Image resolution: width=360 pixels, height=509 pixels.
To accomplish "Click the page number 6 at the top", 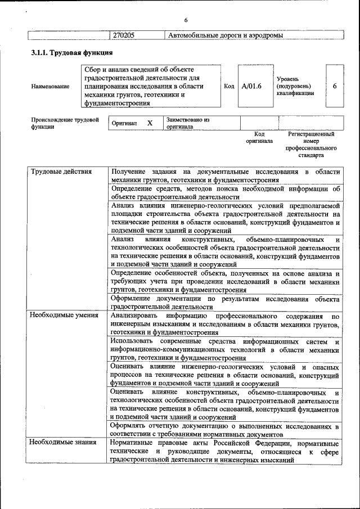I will coord(185,21).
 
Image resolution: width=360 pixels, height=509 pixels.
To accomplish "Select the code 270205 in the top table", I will coord(124,35).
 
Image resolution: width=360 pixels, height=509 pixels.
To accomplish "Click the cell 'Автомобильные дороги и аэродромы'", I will coord(224,35).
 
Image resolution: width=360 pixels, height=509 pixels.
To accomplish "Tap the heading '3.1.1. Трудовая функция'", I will coord(73,53).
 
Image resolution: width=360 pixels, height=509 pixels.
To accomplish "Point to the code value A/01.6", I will coord(251,87).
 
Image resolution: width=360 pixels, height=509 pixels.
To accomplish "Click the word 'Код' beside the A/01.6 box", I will coord(229,87).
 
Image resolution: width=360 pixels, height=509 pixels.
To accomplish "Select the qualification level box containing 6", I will coord(335,87).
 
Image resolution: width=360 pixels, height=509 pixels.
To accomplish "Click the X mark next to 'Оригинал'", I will coord(150,123).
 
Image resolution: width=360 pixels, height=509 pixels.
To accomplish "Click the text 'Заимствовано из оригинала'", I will coord(188,123).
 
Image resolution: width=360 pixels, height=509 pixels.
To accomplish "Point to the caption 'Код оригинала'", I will coord(259,138).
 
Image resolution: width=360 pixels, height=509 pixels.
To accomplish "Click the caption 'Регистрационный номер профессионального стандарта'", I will coord(311,145).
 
